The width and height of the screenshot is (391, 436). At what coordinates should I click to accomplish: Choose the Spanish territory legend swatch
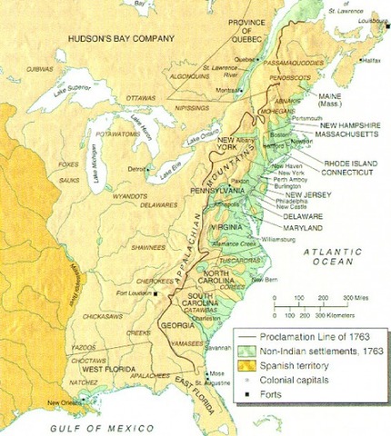(245, 366)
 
